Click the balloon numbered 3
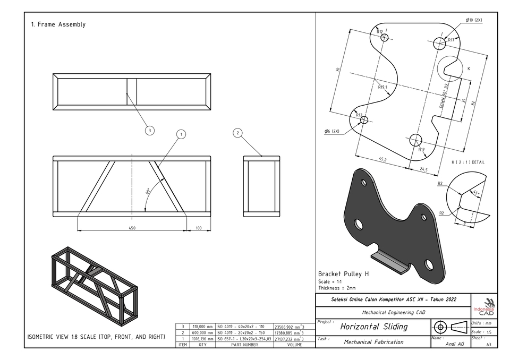coord(150,130)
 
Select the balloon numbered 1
coord(181,134)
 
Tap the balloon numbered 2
coord(237,132)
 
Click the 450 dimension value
coord(132,228)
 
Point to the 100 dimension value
coord(198,228)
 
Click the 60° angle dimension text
coord(148,191)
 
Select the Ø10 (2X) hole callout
coord(473,20)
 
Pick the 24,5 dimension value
coord(423,169)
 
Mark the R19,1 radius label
coord(383,87)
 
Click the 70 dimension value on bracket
coord(337,70)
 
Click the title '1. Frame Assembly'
coord(58,24)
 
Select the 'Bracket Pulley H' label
coord(343,274)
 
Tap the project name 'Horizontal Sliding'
coord(373,327)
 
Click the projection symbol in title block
coord(449,327)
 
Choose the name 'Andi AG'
coord(455,344)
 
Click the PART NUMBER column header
coord(244,345)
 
